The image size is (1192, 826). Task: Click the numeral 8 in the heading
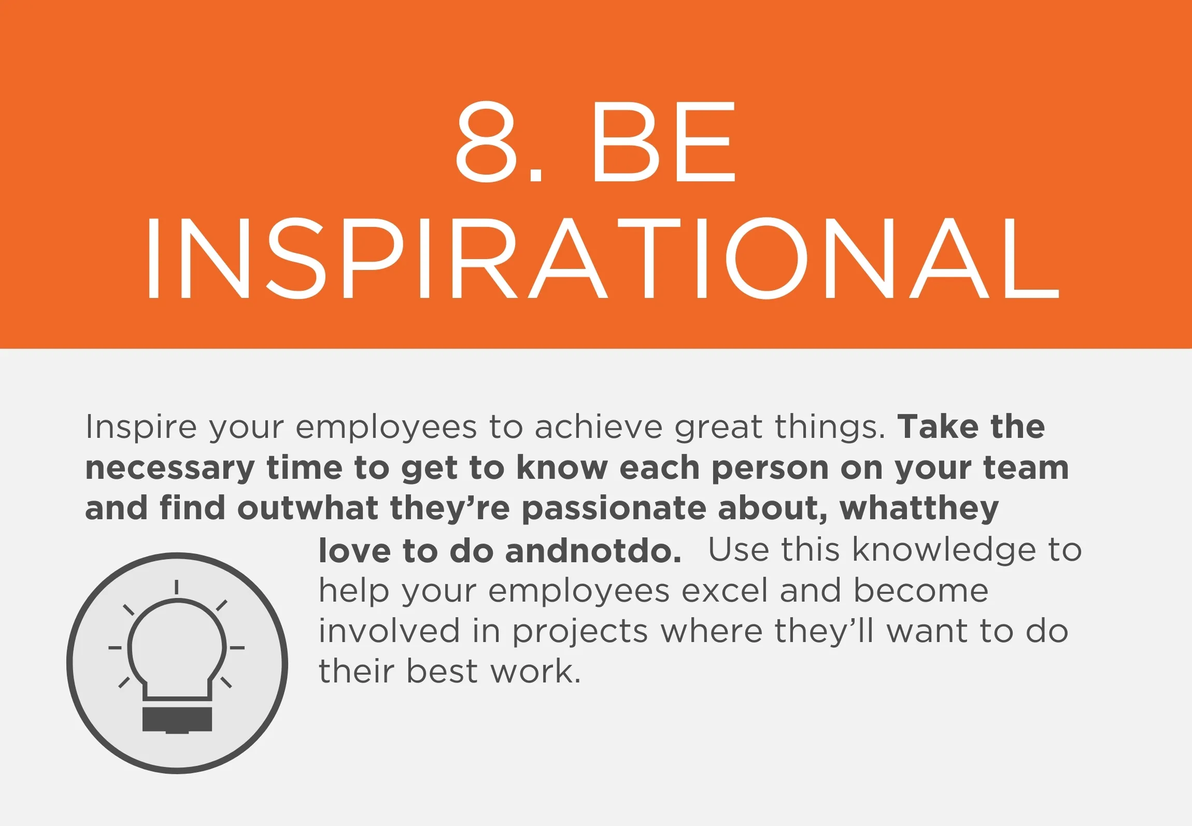pos(488,141)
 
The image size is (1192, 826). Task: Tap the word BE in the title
pos(665,141)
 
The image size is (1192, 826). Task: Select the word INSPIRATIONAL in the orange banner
pos(602,259)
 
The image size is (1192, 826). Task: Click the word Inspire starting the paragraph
pos(141,427)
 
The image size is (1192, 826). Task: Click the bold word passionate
pos(613,508)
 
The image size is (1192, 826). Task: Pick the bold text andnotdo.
pos(593,550)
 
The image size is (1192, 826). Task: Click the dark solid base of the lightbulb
pos(177,720)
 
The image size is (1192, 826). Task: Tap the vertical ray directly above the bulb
pos(177,587)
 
